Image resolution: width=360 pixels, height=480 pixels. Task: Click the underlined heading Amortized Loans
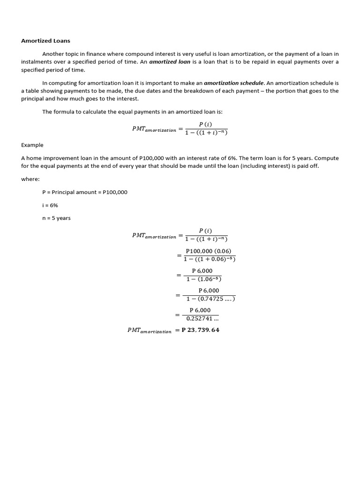[45, 41]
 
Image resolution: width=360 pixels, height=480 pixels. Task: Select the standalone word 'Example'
[32, 145]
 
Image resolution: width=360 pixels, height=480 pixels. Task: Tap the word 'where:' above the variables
[30, 179]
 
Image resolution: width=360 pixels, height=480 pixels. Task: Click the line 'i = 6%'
[50, 205]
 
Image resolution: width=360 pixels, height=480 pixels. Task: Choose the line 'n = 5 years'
[56, 218]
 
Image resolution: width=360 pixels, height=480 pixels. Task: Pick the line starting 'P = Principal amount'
[84, 192]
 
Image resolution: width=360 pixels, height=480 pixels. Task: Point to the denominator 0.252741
[202, 319]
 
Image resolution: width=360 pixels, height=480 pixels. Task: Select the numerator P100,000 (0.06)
[208, 251]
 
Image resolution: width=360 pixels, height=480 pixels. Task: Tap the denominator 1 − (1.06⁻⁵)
[203, 279]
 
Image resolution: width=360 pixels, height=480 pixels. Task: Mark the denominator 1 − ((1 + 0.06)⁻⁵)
[209, 259]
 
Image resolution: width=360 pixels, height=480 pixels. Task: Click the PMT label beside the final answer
[149, 330]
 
